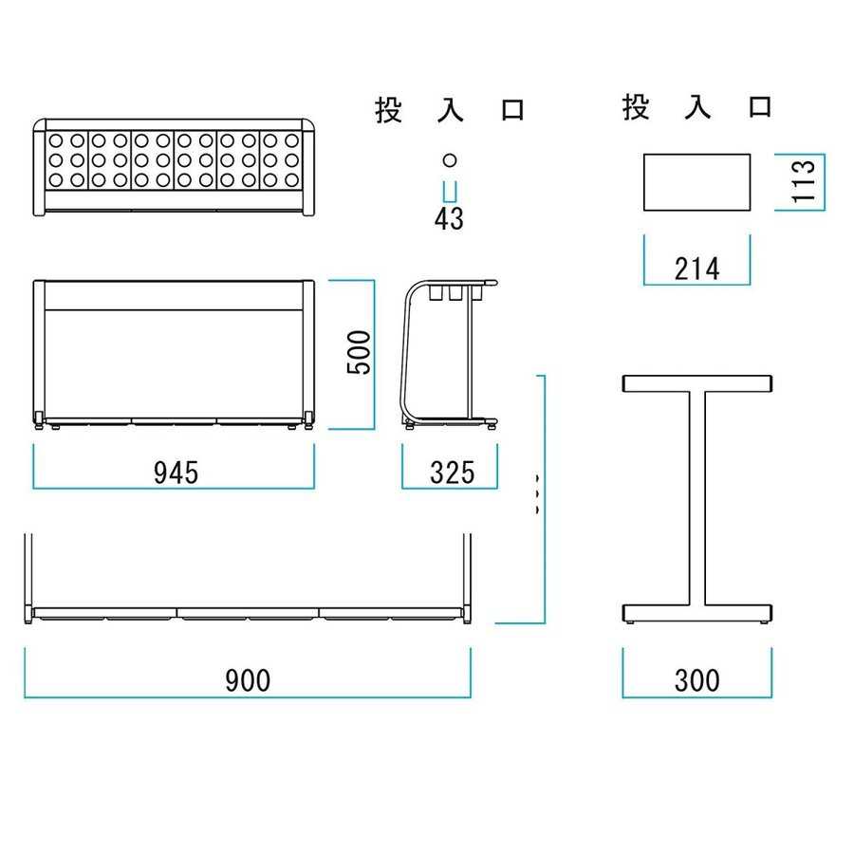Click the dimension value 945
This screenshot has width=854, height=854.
[x=176, y=472]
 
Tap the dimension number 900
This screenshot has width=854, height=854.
[x=248, y=680]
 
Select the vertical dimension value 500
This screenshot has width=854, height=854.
[x=359, y=352]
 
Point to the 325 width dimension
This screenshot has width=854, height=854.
[x=452, y=472]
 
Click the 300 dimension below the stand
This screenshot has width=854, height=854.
[x=697, y=680]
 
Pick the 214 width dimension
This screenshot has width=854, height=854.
[x=697, y=269]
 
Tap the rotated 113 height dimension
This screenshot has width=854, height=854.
[x=804, y=181]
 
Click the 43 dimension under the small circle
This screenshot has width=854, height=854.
[x=450, y=218]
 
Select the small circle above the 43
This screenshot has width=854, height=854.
[x=450, y=160]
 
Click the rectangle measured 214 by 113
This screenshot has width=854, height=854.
[x=697, y=182]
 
